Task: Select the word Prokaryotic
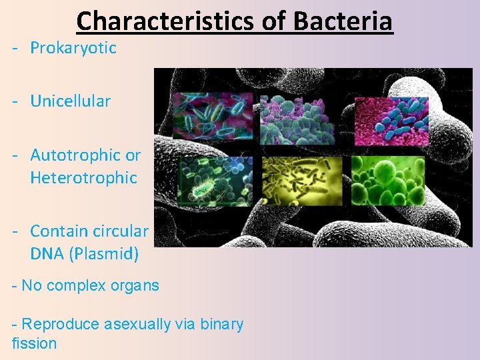[x=73, y=48]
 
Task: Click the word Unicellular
[x=70, y=101]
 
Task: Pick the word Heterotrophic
[x=83, y=178]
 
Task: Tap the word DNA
[x=46, y=254]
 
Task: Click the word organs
[x=135, y=286]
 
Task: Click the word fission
[x=34, y=344]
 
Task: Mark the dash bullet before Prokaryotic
[x=15, y=48]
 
